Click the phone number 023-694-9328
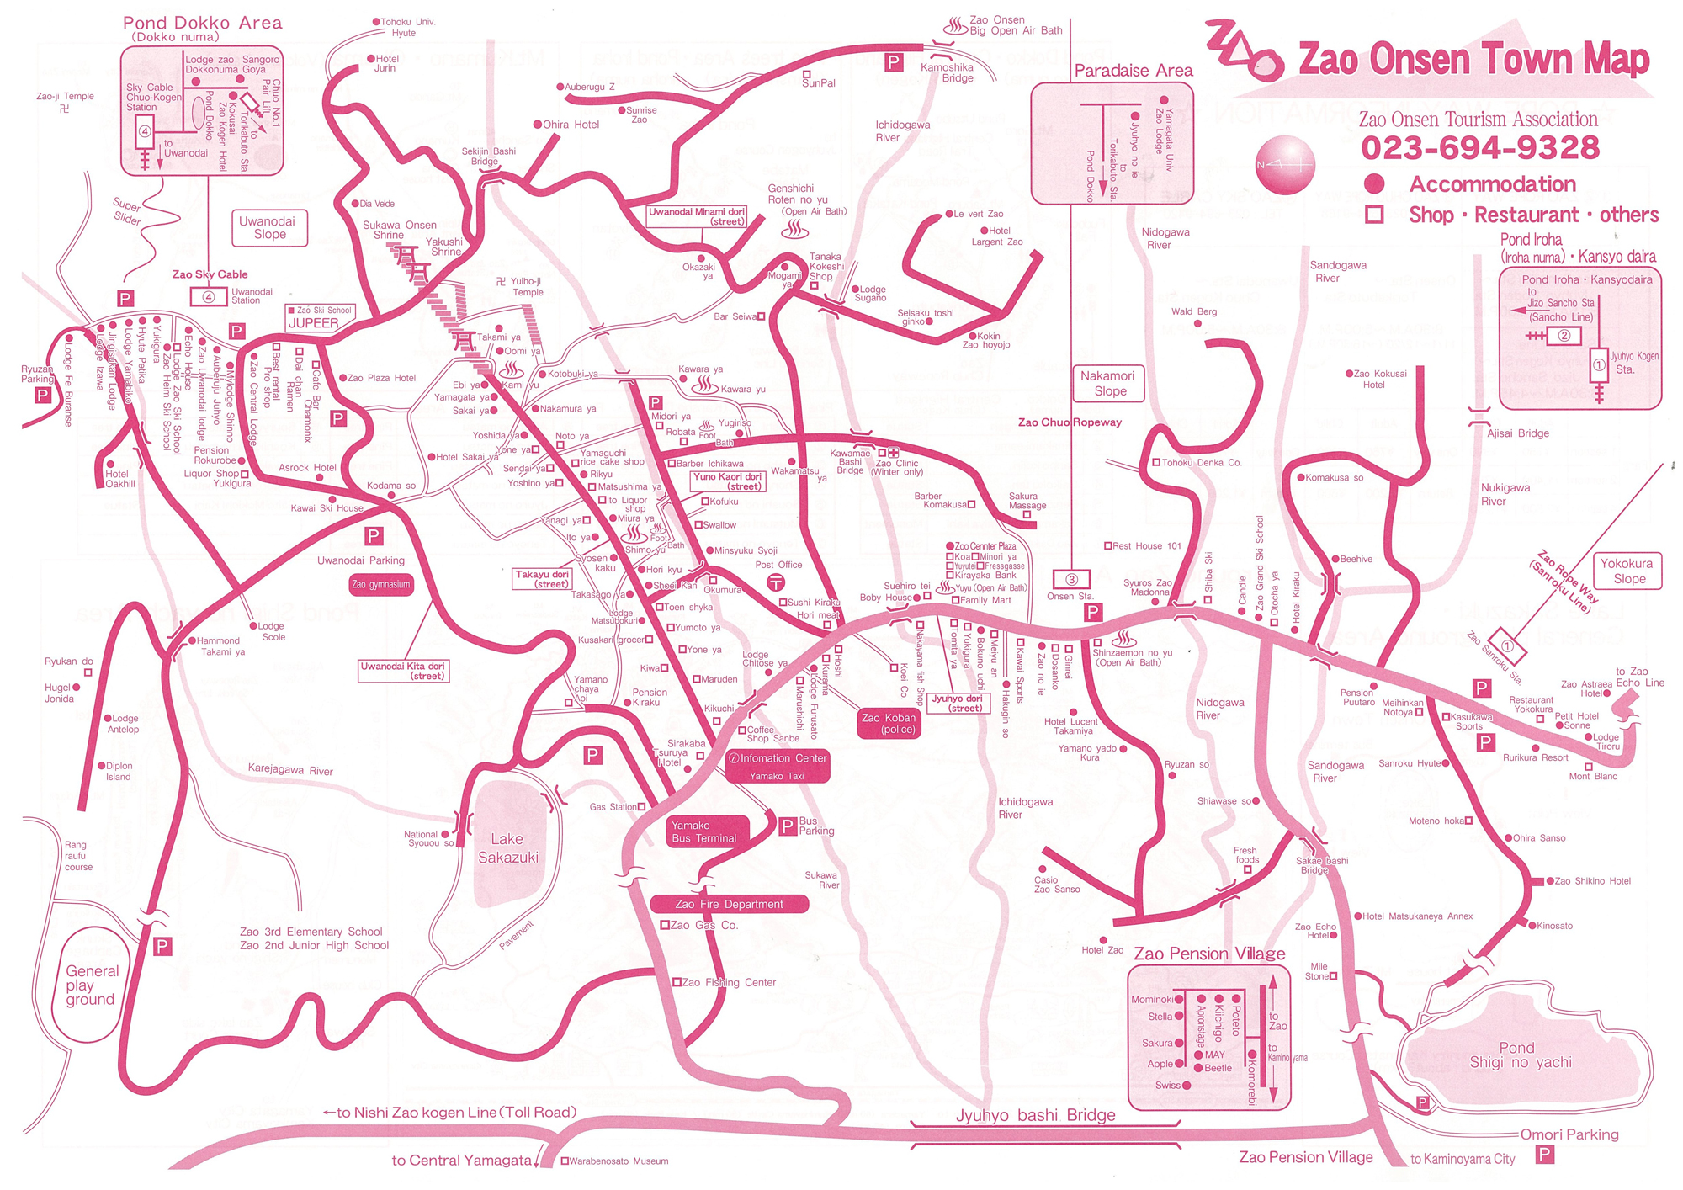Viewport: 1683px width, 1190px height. point(1479,148)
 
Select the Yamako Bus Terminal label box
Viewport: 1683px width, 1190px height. point(707,831)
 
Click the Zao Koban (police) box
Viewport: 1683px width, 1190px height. point(888,724)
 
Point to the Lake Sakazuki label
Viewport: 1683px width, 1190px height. point(507,848)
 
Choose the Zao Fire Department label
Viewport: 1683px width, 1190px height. point(729,905)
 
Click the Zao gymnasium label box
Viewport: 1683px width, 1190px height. point(380,584)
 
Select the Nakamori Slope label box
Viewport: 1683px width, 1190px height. point(1108,384)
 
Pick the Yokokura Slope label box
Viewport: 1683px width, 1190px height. point(1627,571)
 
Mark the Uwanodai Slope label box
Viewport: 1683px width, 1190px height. point(268,228)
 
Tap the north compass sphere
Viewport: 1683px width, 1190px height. point(1285,165)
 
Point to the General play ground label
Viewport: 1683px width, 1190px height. point(90,985)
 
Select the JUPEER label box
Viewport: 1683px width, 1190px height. point(314,323)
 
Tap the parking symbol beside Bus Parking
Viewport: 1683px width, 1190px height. point(788,826)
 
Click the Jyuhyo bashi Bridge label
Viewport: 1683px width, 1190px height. point(1035,1116)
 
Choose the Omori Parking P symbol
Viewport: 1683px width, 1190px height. point(1544,1155)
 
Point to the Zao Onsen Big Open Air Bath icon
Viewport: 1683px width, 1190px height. point(954,26)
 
